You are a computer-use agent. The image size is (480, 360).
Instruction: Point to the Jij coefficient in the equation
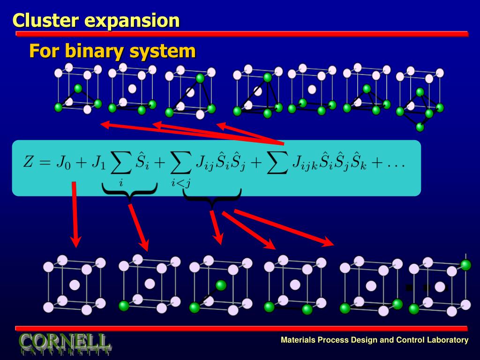click(x=204, y=164)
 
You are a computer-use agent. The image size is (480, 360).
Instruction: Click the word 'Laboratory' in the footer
click(x=447, y=340)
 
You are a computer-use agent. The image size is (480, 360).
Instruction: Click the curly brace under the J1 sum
click(x=129, y=192)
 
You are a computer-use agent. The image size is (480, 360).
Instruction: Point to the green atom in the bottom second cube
click(x=124, y=306)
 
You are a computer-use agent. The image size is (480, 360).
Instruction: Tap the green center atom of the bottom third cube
click(x=221, y=285)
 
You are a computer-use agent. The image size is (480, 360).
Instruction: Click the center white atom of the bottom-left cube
click(x=74, y=285)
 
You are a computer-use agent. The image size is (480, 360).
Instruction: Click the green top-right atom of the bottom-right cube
click(x=465, y=265)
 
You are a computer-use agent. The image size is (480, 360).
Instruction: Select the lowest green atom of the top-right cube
click(x=420, y=127)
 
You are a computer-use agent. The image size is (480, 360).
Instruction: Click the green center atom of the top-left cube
click(x=78, y=88)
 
